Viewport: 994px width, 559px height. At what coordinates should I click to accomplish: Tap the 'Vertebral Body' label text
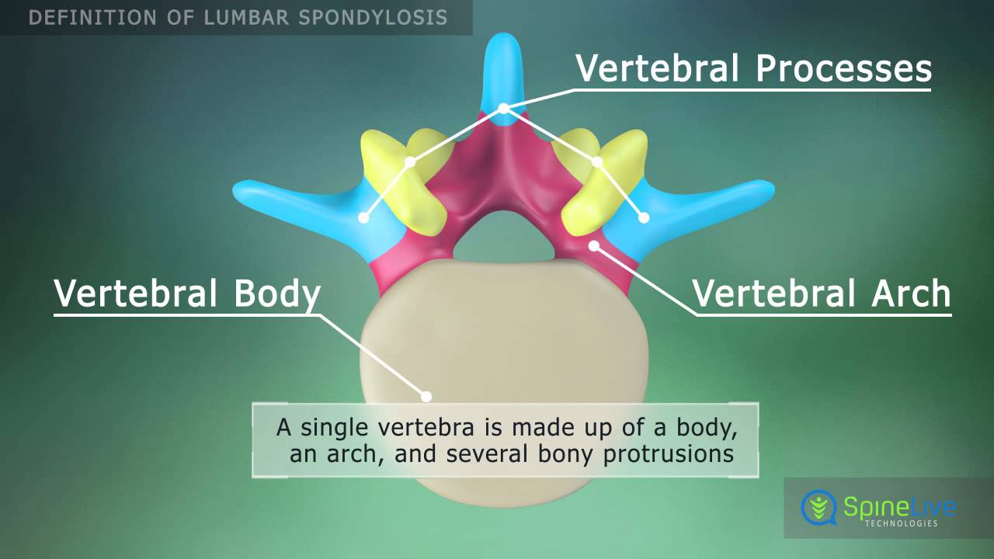pyautogui.click(x=187, y=293)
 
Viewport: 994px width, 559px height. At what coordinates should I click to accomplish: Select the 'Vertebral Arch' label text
pyautogui.click(x=822, y=293)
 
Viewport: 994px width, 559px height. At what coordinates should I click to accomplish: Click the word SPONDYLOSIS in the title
pyautogui.click(x=373, y=18)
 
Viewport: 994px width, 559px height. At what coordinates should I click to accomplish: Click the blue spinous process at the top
pyautogui.click(x=502, y=75)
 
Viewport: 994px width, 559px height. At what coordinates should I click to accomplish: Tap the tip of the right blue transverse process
pyautogui.click(x=773, y=190)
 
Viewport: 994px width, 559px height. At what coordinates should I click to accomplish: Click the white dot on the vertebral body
pyautogui.click(x=426, y=397)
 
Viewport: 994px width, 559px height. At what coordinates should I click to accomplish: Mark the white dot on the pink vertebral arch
pyautogui.click(x=594, y=245)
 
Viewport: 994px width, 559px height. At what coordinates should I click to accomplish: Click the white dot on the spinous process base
pyautogui.click(x=503, y=108)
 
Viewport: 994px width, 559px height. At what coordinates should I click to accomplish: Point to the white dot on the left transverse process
pyautogui.click(x=363, y=218)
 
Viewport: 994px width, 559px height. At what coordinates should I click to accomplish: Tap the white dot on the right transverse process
pyautogui.click(x=644, y=217)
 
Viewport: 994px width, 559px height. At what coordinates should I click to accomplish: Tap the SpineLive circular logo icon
pyautogui.click(x=818, y=507)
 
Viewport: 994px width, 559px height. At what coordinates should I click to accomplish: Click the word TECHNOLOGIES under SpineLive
pyautogui.click(x=902, y=523)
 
